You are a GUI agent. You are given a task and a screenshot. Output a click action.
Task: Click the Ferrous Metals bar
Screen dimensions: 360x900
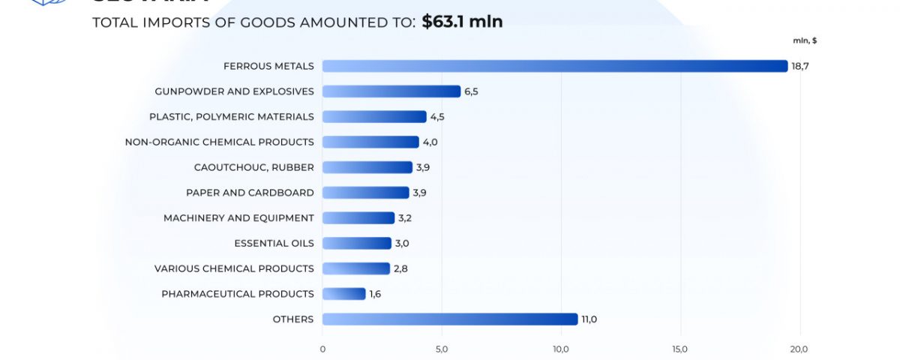tap(555, 66)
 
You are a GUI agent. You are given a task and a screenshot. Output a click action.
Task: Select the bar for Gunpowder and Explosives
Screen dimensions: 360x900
tap(391, 91)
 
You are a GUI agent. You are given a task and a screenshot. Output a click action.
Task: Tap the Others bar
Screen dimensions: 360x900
tap(450, 319)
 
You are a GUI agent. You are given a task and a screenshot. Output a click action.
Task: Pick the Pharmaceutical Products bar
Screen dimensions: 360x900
tap(344, 294)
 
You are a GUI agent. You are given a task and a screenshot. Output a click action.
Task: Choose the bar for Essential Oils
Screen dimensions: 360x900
tap(357, 243)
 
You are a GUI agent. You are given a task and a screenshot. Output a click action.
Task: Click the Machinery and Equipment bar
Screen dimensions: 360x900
tap(358, 218)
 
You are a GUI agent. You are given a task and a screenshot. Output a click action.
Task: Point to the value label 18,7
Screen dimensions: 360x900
tap(800, 66)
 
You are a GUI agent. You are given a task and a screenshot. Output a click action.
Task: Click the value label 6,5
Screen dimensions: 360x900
tap(471, 91)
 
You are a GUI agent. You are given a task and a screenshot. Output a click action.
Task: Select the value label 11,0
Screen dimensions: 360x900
tap(589, 319)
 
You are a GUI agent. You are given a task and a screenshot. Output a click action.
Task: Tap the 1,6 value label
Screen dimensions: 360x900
tap(375, 294)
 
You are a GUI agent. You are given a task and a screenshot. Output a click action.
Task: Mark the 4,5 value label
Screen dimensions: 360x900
tap(437, 117)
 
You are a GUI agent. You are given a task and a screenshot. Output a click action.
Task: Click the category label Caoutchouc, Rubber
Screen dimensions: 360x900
tap(253, 167)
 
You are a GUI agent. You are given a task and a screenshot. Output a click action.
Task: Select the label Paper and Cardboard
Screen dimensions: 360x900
tap(250, 193)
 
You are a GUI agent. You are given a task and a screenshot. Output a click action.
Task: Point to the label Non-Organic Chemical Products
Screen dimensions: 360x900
tap(219, 142)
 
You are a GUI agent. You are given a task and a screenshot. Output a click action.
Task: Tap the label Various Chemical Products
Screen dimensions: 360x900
tap(234, 268)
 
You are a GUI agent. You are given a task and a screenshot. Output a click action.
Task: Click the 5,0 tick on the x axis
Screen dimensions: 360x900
tap(441, 349)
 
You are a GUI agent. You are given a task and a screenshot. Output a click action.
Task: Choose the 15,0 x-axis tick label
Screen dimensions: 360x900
tap(679, 349)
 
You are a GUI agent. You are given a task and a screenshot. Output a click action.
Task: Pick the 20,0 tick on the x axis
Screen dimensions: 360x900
tap(799, 349)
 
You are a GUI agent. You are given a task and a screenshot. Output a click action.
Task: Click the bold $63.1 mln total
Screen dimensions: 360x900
tap(462, 22)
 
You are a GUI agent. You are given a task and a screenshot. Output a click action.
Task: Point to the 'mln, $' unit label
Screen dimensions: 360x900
tap(805, 40)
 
